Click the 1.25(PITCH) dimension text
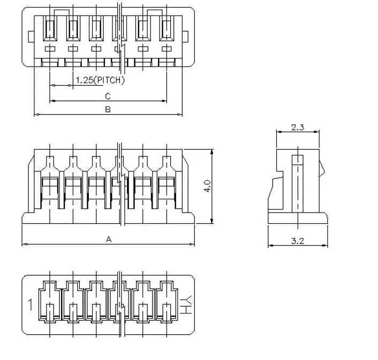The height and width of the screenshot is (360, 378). (100, 80)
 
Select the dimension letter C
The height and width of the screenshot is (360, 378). (108, 96)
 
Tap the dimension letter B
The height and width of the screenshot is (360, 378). (108, 109)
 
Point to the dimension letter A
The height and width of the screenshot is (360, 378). (109, 239)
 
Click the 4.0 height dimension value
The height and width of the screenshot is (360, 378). (208, 186)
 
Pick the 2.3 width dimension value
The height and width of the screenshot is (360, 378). (298, 127)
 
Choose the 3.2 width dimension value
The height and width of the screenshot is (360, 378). (298, 241)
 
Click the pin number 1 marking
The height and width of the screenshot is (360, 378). (30, 304)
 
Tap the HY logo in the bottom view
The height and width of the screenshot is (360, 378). (186, 304)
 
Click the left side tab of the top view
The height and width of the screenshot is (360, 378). (31, 36)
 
